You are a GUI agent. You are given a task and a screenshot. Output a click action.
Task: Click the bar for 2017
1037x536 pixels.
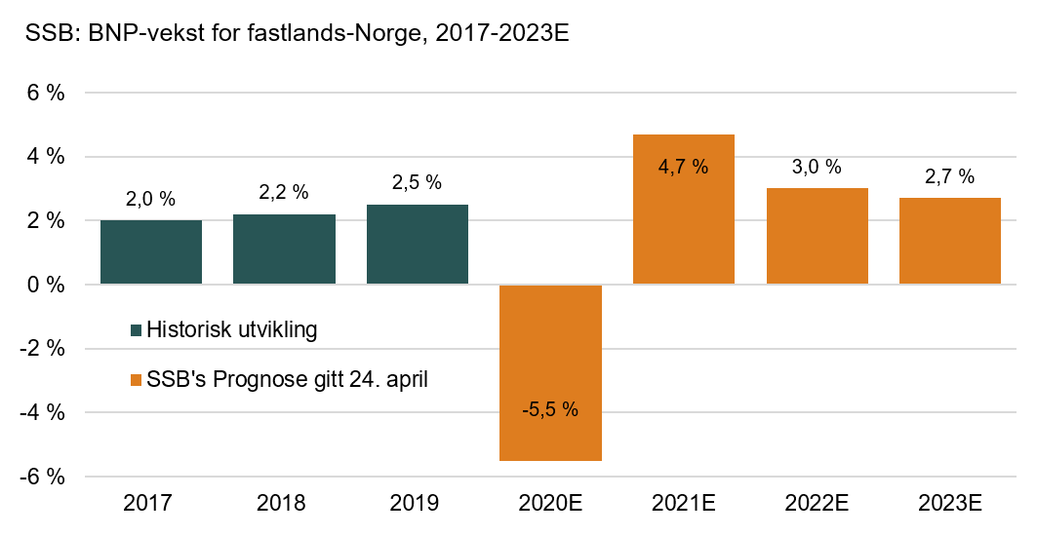(x=151, y=251)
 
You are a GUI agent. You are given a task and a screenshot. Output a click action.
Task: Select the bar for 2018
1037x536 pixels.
(x=284, y=249)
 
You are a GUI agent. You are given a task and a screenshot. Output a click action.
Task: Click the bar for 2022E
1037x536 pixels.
(x=817, y=236)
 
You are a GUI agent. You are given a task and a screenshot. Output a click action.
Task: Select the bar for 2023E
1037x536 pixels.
(x=950, y=241)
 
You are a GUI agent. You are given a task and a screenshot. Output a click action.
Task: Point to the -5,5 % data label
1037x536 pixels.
(x=550, y=409)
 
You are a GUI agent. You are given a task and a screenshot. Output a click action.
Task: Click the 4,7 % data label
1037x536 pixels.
(x=684, y=167)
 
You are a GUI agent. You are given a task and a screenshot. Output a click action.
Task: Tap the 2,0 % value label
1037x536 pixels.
(x=151, y=200)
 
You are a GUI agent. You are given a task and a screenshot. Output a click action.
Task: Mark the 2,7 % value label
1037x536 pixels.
(x=950, y=177)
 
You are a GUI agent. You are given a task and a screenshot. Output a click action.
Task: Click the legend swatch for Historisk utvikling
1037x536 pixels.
(x=136, y=330)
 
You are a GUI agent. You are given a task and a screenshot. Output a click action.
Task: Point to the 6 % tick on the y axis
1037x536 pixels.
(x=46, y=94)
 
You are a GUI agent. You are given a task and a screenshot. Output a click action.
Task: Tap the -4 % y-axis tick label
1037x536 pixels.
(x=43, y=412)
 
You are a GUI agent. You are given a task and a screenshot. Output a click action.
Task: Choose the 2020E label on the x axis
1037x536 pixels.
(x=550, y=504)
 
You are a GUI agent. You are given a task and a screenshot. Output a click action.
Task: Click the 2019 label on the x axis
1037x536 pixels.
(x=418, y=504)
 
